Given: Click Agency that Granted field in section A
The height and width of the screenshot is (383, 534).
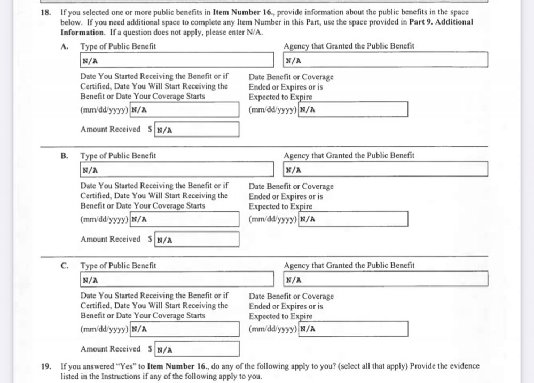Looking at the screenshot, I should [x=386, y=60].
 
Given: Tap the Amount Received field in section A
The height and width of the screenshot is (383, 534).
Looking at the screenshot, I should [x=196, y=130].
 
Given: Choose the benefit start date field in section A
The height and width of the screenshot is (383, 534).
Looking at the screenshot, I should [x=184, y=110].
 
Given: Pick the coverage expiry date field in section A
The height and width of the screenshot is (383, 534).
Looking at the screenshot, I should [x=353, y=110].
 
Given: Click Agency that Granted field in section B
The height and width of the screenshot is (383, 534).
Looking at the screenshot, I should [x=386, y=170].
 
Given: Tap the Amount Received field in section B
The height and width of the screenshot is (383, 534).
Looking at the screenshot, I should [x=196, y=240].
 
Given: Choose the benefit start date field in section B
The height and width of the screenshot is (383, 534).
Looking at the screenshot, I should [x=184, y=219].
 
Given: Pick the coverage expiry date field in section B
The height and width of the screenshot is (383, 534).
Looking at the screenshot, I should [x=353, y=219].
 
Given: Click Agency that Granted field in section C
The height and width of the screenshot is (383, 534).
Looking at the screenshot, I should [x=386, y=279].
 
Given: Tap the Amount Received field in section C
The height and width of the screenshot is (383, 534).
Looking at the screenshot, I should [x=196, y=349].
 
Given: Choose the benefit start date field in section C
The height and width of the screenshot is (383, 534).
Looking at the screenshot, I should [x=184, y=329].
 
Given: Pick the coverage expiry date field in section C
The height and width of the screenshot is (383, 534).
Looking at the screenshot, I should [x=353, y=329].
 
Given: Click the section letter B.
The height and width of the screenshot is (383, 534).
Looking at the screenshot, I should [x=64, y=156].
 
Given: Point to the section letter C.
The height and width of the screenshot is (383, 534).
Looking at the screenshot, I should [x=64, y=265].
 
